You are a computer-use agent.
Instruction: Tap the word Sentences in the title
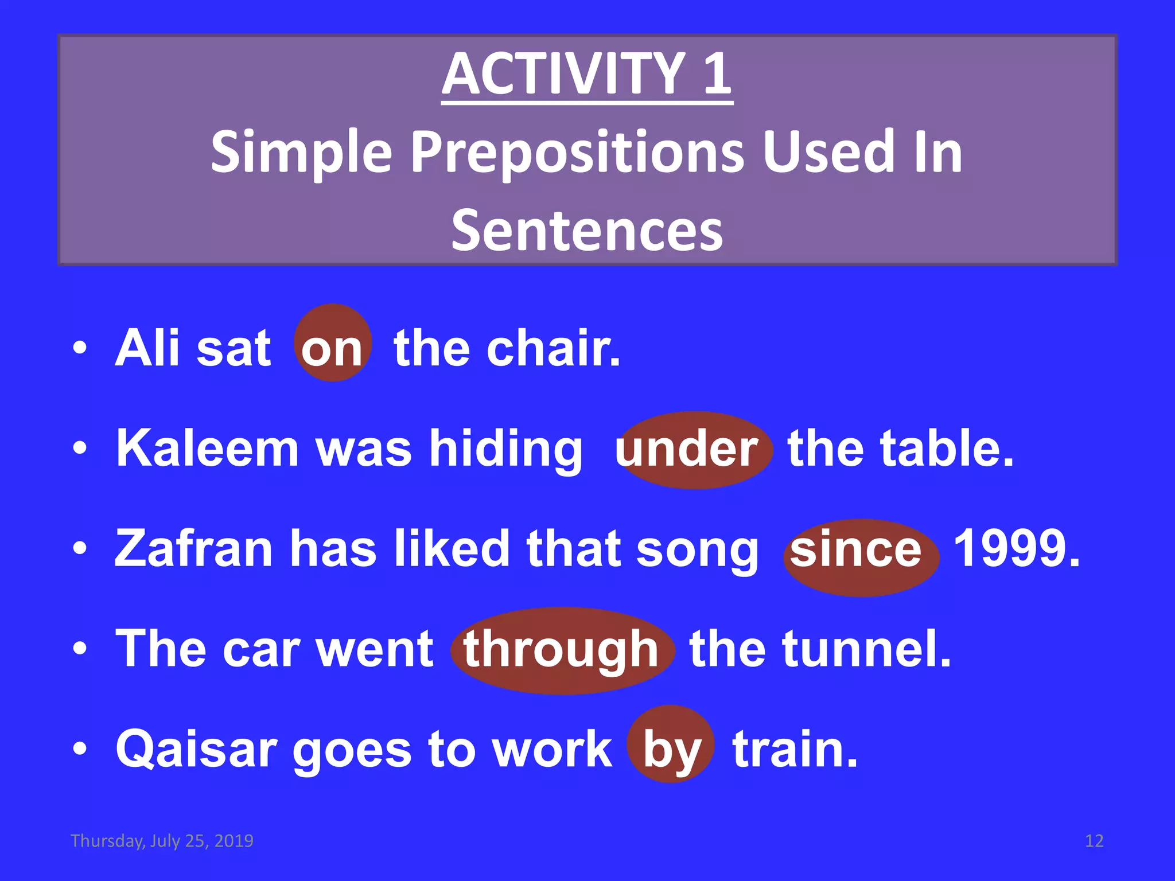click(x=586, y=230)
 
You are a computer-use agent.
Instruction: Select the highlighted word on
click(x=332, y=348)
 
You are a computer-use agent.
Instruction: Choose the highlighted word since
click(x=856, y=549)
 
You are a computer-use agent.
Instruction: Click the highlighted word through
click(x=561, y=650)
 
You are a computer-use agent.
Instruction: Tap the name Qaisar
click(x=195, y=749)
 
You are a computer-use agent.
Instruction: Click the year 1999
click(x=1016, y=549)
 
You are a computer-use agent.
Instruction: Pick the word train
click(x=795, y=749)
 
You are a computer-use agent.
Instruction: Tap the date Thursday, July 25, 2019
click(x=162, y=841)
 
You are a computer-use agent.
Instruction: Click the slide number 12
click(x=1094, y=841)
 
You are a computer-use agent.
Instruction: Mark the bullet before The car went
click(x=80, y=649)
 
